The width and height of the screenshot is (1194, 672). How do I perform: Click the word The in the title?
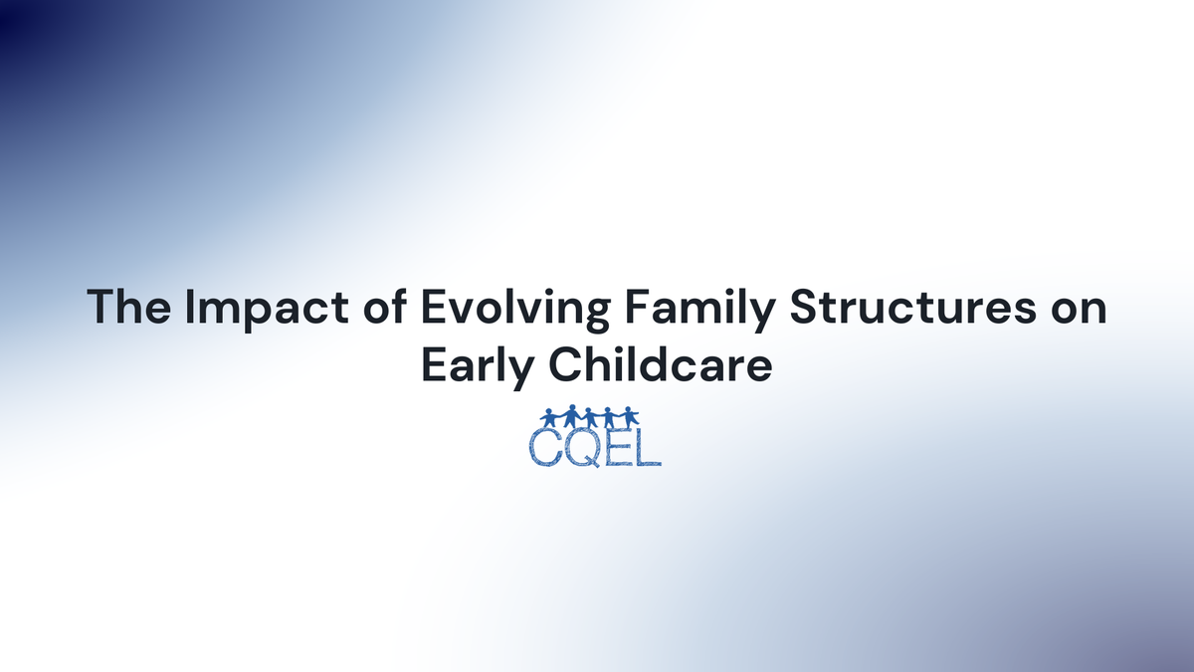coord(122,308)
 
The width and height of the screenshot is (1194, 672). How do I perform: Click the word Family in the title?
coord(681,309)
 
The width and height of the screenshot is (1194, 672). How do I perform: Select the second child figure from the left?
coord(571,417)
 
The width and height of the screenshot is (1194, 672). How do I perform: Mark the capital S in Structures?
coord(807,308)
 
